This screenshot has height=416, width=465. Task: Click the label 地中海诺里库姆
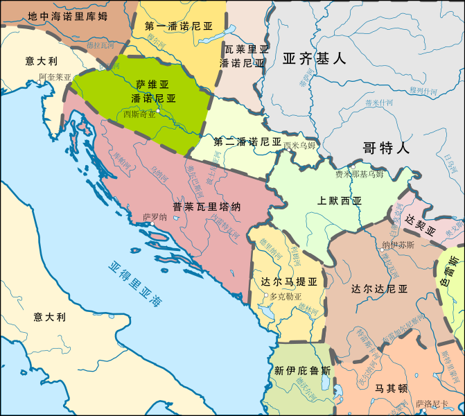pyautogui.click(x=68, y=15)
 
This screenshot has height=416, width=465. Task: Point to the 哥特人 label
pyautogui.click(x=386, y=147)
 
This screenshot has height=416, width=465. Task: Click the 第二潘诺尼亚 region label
pyautogui.click(x=247, y=141)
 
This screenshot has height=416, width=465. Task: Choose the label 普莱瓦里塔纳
pyautogui.click(x=207, y=207)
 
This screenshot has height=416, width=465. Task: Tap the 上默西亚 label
pyautogui.click(x=340, y=202)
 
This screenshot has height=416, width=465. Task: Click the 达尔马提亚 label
pyautogui.click(x=289, y=282)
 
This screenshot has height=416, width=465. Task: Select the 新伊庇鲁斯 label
pyautogui.click(x=302, y=370)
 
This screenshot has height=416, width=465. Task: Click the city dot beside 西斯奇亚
pyautogui.click(x=159, y=111)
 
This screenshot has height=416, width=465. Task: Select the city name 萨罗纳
pyautogui.click(x=155, y=217)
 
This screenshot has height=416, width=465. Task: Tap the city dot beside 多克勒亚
pyautogui.click(x=265, y=296)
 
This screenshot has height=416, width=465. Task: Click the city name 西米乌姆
pyautogui.click(x=299, y=145)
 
